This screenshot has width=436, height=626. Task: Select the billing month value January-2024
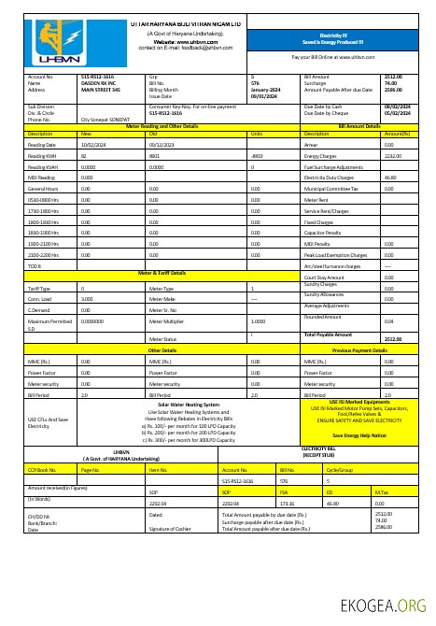pyautogui.click(x=264, y=90)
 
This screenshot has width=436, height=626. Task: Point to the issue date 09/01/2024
pyautogui.click(x=262, y=96)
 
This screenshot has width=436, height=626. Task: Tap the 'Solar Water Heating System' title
pyautogui.click(x=189, y=405)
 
